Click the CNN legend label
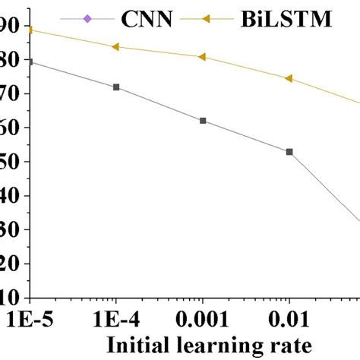click(x=145, y=15)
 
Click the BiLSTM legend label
click(x=289, y=15)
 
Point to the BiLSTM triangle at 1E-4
click(x=115, y=46)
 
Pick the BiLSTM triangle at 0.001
click(x=201, y=57)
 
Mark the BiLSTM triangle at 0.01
click(x=288, y=78)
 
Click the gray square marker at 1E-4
click(x=115, y=87)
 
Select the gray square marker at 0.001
click(x=203, y=121)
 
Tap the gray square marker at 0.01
click(x=289, y=152)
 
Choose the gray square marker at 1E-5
click(x=30, y=62)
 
